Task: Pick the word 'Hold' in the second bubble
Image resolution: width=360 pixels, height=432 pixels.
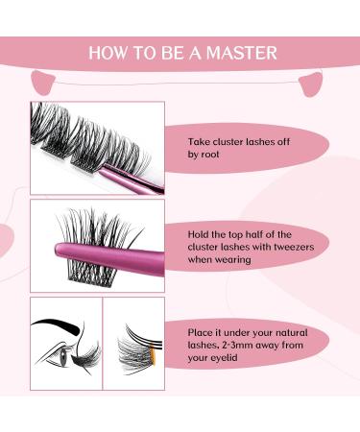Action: click(x=201, y=231)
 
